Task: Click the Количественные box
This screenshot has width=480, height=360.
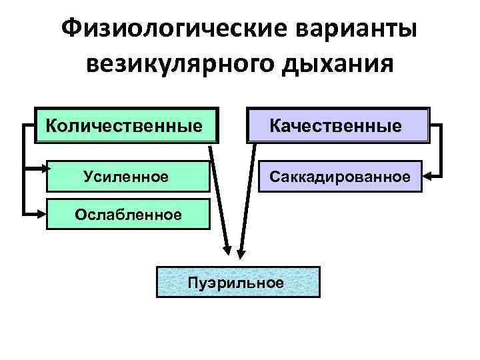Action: click(127, 125)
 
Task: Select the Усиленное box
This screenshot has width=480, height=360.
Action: click(127, 177)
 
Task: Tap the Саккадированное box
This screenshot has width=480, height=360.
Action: click(340, 177)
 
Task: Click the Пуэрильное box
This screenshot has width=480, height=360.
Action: click(237, 283)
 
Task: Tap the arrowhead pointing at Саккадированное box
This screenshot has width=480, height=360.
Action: click(429, 177)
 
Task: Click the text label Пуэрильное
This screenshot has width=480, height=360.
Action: click(237, 282)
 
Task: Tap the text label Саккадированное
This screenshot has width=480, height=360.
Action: click(340, 177)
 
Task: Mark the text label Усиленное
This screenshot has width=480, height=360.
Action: click(126, 177)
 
